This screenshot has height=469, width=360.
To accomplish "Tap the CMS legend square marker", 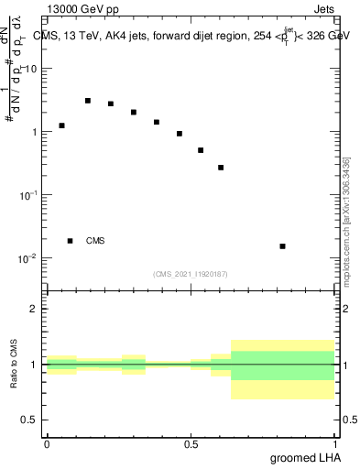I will coord(71,241).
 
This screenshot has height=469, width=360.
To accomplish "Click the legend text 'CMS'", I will coord(95,241).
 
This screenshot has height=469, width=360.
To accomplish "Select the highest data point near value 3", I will coord(88,101).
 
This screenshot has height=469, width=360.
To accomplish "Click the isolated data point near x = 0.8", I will coord(283,246).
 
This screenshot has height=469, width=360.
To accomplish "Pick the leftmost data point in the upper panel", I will coord(62,125).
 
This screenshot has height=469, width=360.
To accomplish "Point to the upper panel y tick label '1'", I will coord(34,132).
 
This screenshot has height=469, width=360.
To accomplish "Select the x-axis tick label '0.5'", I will coord(191,444).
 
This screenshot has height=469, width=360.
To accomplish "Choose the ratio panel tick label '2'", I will coord(34,309).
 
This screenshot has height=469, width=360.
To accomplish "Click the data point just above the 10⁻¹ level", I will coord(221,168).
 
